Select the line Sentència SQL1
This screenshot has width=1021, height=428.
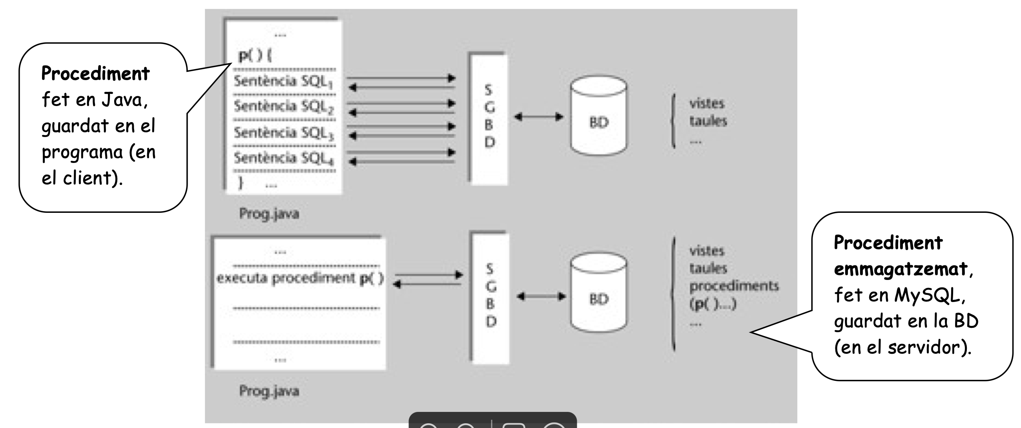[283, 81]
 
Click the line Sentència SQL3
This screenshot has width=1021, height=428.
[283, 132]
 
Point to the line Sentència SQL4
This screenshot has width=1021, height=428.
[283, 158]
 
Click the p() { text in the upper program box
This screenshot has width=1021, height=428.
[255, 55]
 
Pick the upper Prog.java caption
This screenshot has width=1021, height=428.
[269, 214]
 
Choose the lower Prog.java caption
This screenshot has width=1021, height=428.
[269, 391]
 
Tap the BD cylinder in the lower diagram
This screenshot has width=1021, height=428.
[598, 293]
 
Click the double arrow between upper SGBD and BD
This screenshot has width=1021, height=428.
[539, 117]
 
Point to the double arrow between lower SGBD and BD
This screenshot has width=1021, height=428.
[541, 296]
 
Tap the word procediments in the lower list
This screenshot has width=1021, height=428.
[734, 285]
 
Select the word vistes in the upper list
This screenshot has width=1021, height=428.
[706, 104]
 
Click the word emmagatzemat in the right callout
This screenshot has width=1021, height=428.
[901, 269]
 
